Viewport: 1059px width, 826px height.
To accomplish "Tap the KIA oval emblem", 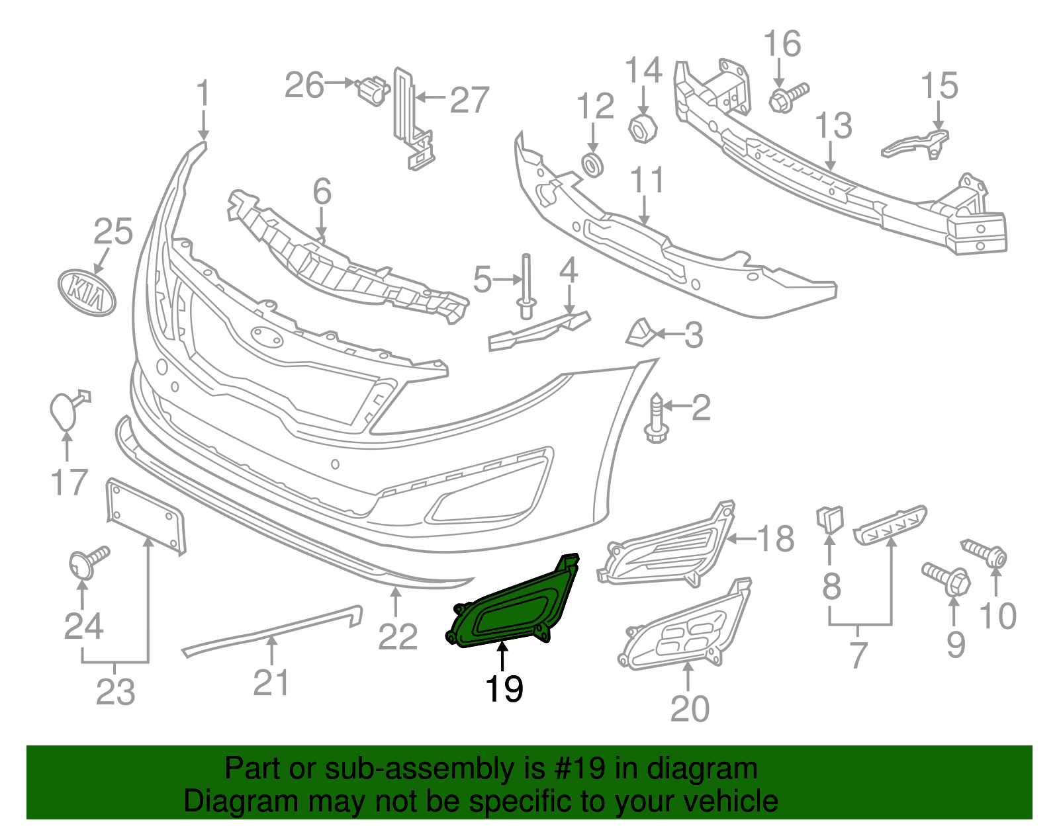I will click(87, 292).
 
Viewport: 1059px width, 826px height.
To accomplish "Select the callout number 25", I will click(113, 232).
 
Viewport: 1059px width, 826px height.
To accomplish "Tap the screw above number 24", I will click(87, 562).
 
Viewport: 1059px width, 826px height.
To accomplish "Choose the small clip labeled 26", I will click(373, 90).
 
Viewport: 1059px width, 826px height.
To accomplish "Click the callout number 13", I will click(833, 126).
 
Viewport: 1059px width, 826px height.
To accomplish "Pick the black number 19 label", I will click(504, 688).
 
